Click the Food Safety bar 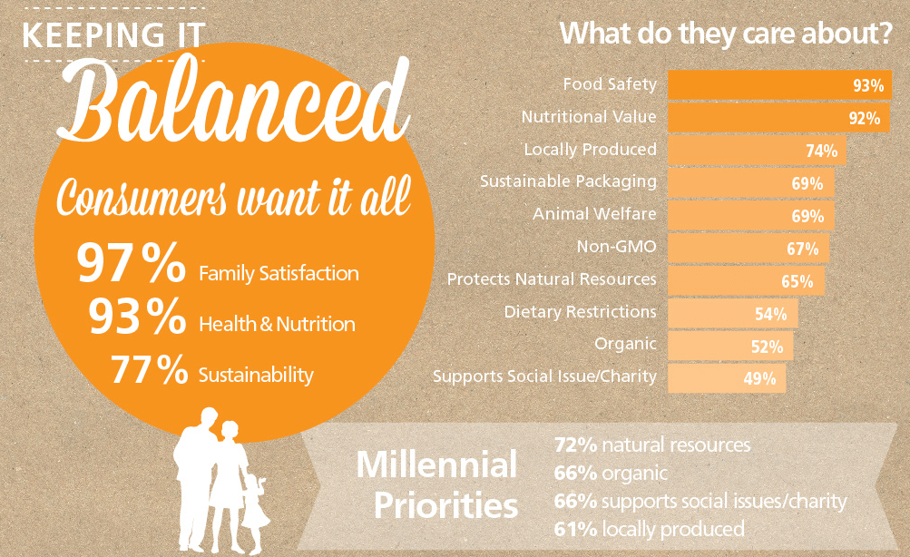point(779,84)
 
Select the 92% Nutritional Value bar point(778,118)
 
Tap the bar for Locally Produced point(758,151)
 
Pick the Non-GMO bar point(749,249)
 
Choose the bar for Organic point(730,346)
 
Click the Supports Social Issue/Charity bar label point(544,376)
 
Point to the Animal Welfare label point(594,213)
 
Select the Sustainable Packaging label point(568,181)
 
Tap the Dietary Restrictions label point(580,311)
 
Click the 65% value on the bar point(797,281)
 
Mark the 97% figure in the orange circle point(132,263)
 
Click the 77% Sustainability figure point(149,369)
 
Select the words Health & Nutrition point(277,324)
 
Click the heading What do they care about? point(726,33)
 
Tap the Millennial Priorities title point(437,484)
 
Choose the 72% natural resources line point(652,445)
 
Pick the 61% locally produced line point(650,529)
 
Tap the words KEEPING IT point(113,34)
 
